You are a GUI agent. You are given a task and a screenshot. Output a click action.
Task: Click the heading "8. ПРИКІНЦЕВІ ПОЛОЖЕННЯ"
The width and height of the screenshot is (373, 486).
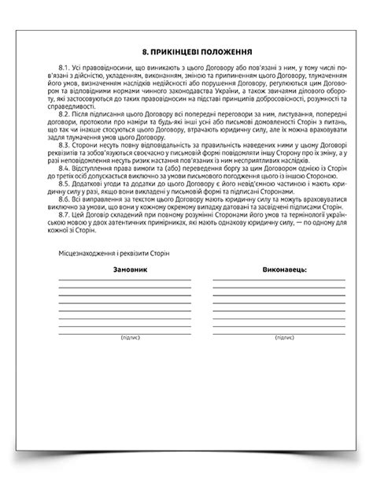186,48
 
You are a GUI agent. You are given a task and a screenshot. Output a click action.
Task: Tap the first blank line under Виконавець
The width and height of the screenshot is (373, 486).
279,280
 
